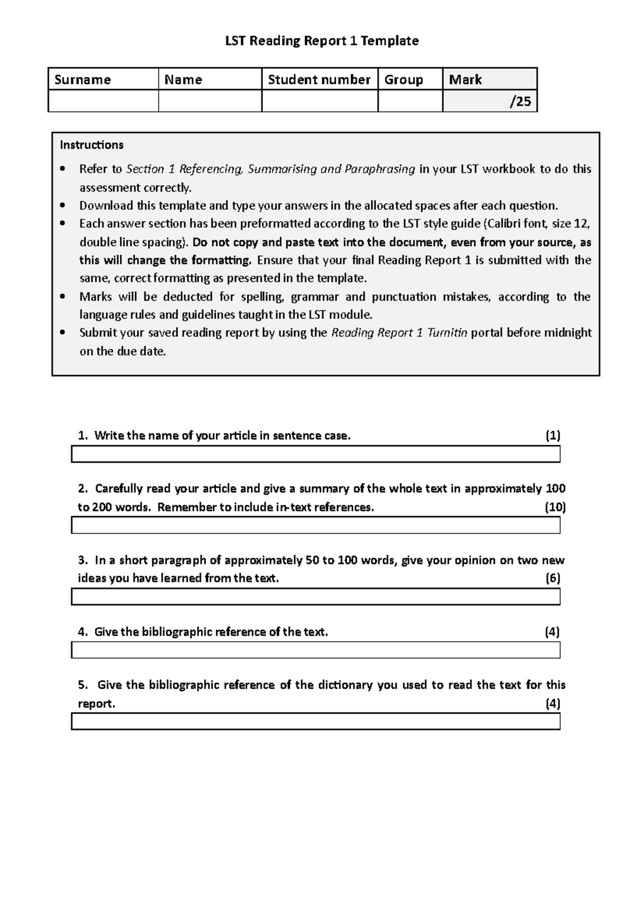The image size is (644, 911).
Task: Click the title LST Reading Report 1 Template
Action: click(x=321, y=41)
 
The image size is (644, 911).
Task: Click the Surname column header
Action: click(x=83, y=80)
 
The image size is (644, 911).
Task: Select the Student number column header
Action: click(x=319, y=80)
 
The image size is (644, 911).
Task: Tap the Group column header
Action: click(x=404, y=80)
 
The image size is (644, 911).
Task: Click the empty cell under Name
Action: click(x=209, y=101)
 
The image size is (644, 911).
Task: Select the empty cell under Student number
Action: click(x=319, y=101)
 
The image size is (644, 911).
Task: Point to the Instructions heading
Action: click(x=92, y=145)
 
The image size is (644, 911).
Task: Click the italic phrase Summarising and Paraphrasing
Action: click(x=331, y=169)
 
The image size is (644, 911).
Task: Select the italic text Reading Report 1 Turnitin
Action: click(x=399, y=333)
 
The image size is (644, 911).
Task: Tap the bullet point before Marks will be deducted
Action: click(x=63, y=297)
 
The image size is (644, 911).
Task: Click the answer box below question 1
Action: click(x=316, y=454)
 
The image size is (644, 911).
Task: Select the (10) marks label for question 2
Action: click(x=555, y=507)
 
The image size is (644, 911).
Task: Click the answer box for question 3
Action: click(x=316, y=597)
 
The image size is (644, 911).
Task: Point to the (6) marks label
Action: click(x=553, y=578)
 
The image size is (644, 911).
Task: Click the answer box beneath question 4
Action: click(x=316, y=650)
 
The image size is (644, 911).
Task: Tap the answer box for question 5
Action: click(x=316, y=722)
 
